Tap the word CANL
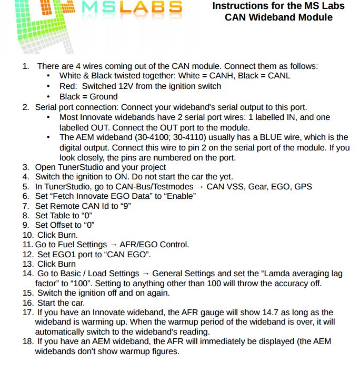pos(277,76)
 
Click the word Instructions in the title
pos(238,6)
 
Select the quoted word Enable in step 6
pos(178,196)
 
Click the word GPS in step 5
pos(303,186)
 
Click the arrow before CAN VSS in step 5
pos(199,186)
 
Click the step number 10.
pos(28,235)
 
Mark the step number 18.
pos(28,341)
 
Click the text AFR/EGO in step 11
pos(137,245)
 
